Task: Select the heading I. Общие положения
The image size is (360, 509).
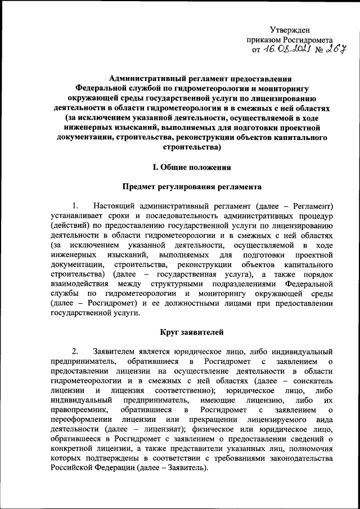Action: tap(192, 167)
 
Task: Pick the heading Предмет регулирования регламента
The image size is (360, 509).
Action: tap(192, 185)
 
